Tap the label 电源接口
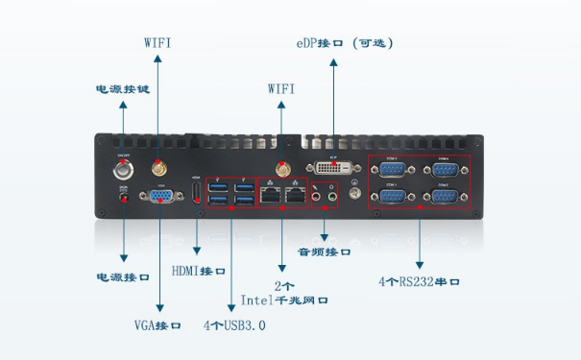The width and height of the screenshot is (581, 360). pos(123,276)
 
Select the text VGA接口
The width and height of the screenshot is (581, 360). pos(158,325)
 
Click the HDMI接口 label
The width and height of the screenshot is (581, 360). pos(199,271)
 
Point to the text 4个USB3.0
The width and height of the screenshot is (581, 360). pos(234,325)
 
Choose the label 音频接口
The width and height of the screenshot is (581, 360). pos(325,252)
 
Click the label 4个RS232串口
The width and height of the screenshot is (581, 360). pos(420,282)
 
